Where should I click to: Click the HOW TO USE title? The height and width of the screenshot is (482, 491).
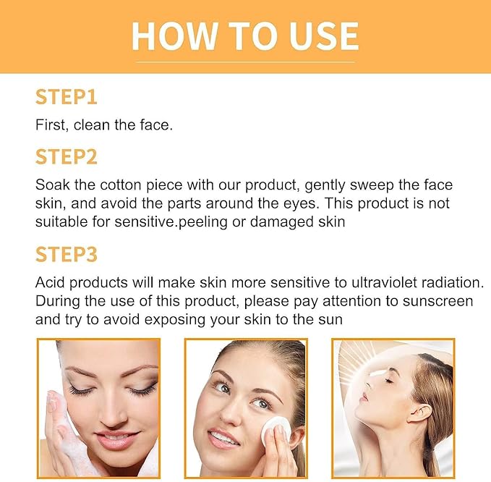(x=245, y=35)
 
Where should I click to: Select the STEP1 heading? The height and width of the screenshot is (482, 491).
(x=66, y=97)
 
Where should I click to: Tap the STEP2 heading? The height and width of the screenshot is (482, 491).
(x=66, y=157)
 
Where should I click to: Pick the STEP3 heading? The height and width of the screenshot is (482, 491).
(x=66, y=254)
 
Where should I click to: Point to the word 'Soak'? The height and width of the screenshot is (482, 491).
(x=51, y=186)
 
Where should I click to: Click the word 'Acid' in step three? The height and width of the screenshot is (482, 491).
(x=49, y=282)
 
